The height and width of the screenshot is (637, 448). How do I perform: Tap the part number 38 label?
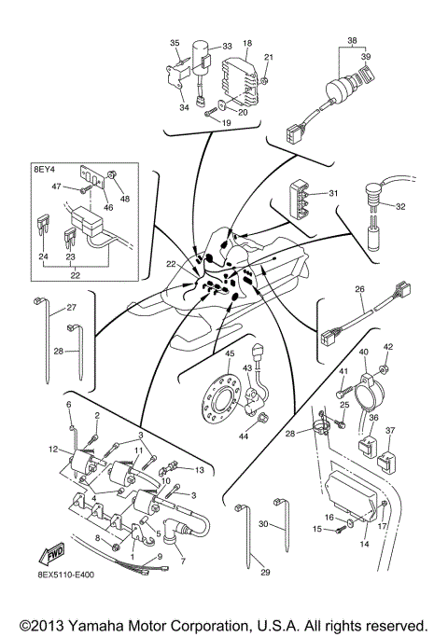[x=352, y=40]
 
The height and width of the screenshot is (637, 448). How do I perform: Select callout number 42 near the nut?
[x=389, y=346]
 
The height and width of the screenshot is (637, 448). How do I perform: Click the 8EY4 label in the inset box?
[x=45, y=171]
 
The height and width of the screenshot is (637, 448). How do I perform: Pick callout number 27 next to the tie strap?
[x=70, y=307]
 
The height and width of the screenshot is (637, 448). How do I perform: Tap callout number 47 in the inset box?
[x=56, y=187]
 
